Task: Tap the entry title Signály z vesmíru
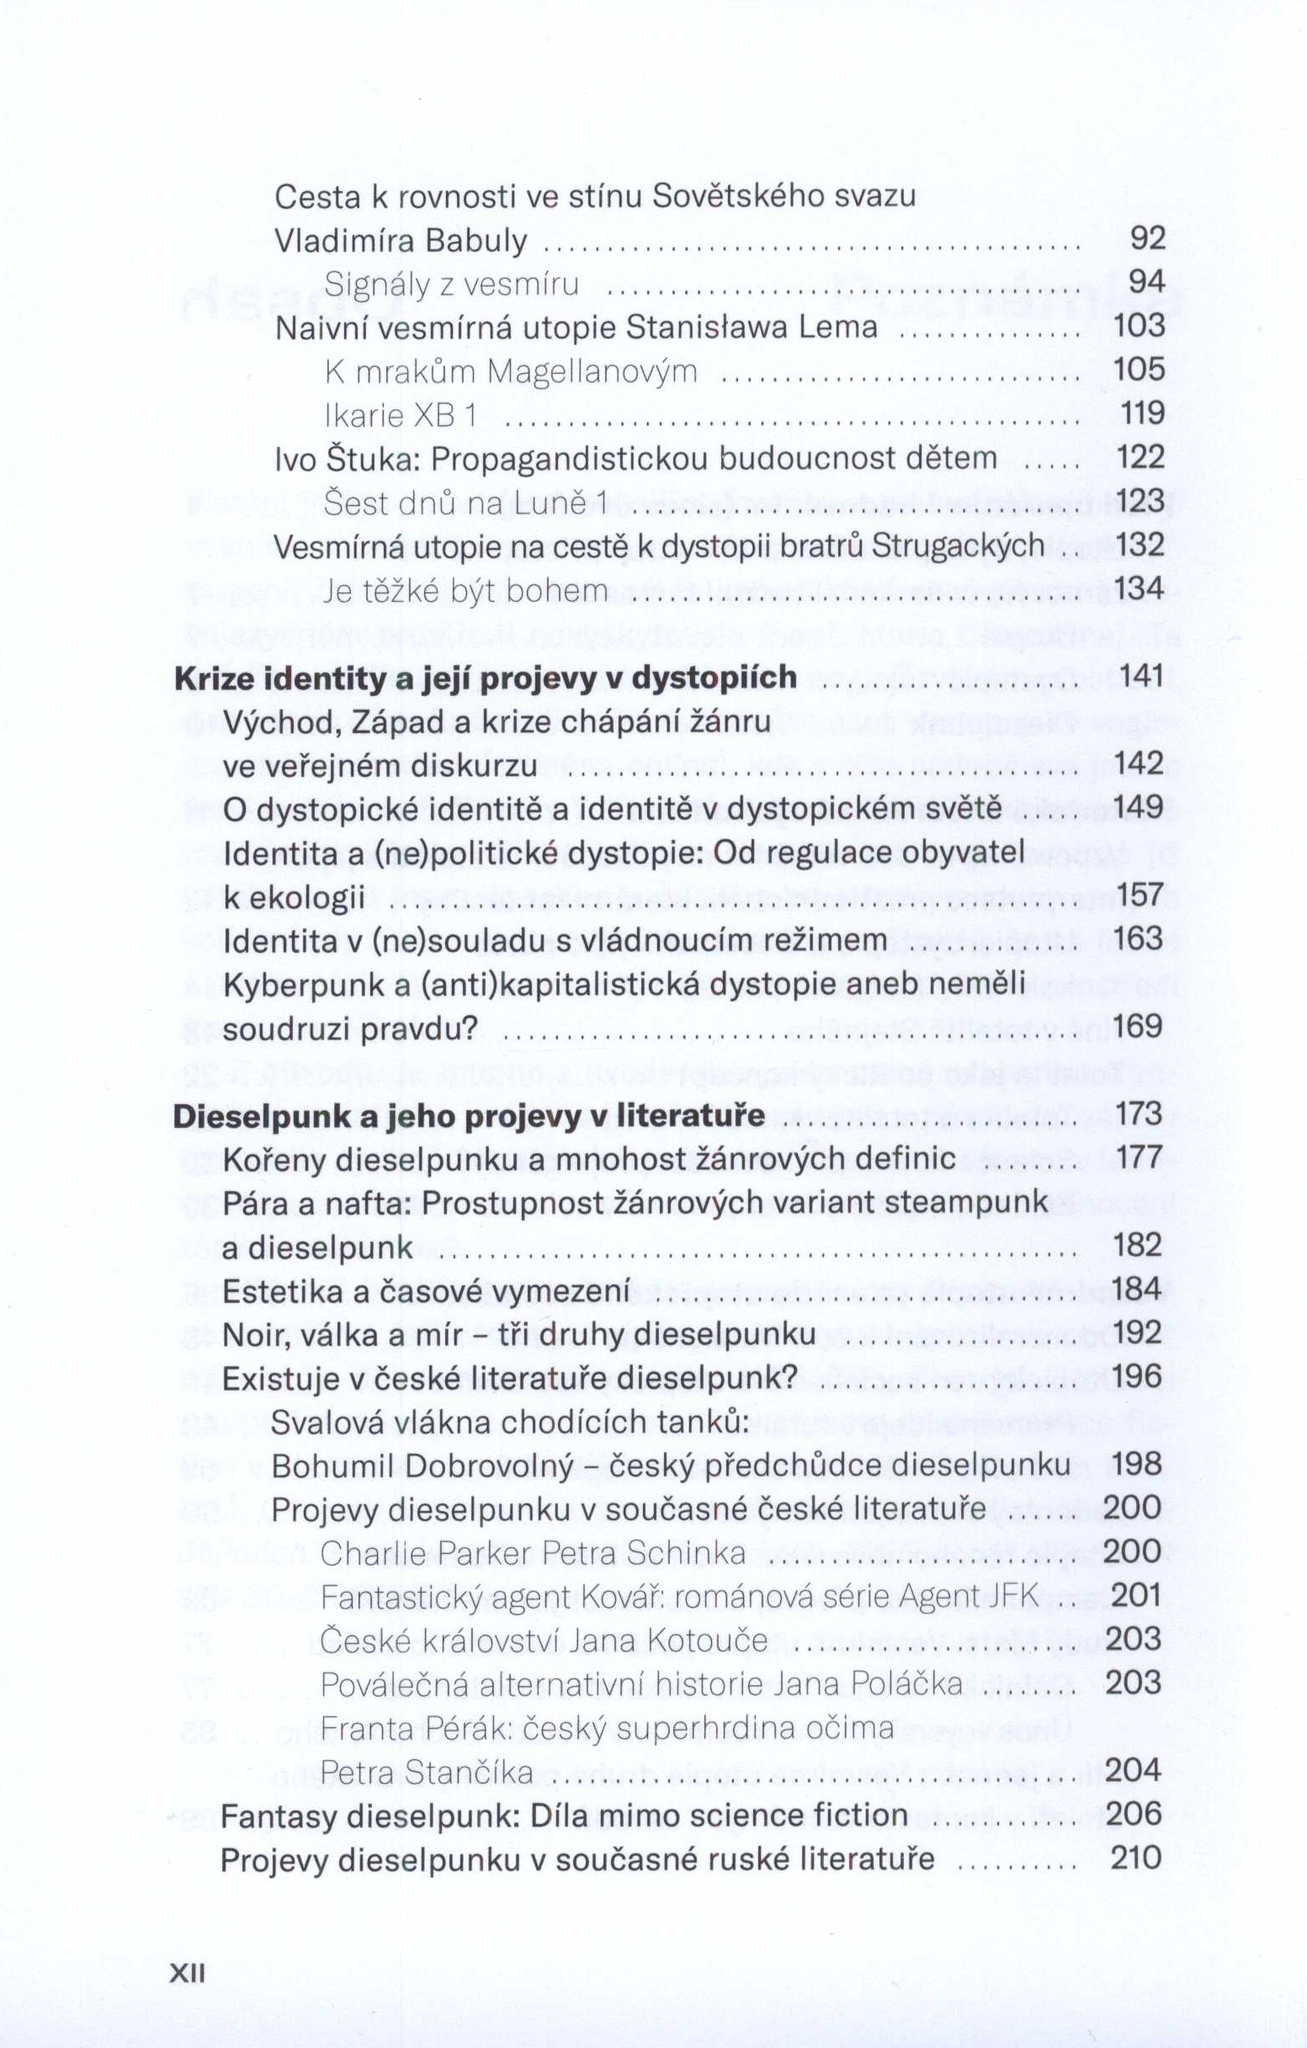click(x=452, y=284)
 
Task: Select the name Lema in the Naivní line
click(x=837, y=327)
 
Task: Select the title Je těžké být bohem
click(x=466, y=590)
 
